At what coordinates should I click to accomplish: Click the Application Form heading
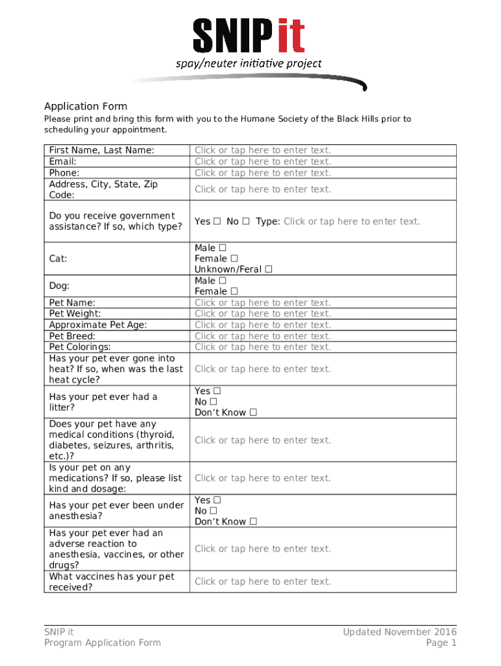coord(85,106)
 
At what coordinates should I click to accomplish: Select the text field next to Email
coord(262,161)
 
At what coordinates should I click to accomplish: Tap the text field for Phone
coord(262,172)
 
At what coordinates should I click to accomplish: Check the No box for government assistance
coord(246,221)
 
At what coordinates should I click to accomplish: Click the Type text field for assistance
coord(351,221)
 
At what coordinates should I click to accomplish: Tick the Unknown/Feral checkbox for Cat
coord(269,269)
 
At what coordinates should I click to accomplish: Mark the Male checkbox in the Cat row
coord(223,248)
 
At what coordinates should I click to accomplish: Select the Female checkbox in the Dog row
coord(234,291)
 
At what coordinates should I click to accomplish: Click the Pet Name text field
coord(262,302)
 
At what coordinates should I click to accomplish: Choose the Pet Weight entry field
coord(262,313)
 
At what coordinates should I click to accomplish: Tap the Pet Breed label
coord(72,336)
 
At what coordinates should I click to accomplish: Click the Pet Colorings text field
coord(262,347)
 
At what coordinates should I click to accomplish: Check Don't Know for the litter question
coord(253,412)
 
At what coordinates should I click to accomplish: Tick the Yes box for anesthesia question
coord(217,500)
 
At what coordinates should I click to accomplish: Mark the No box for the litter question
coord(213,402)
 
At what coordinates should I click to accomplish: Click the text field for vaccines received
coord(262,581)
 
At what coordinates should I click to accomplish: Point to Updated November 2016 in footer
coord(400,632)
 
